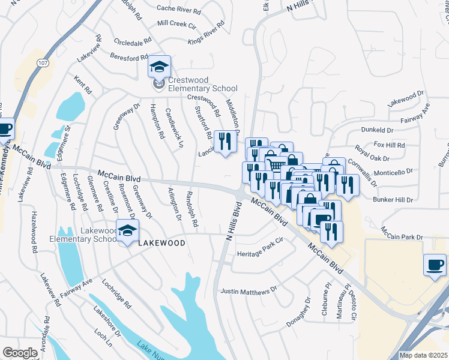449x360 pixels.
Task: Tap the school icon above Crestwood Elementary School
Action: [159, 66]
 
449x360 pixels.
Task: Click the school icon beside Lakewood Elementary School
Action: [127, 231]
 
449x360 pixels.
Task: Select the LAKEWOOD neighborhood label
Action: [161, 243]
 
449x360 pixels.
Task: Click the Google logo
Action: [20, 353]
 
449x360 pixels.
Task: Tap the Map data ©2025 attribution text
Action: [423, 355]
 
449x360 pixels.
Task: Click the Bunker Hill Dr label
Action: [393, 199]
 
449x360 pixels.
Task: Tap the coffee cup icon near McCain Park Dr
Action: [435, 264]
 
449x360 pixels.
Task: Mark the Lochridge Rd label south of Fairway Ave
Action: [116, 293]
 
